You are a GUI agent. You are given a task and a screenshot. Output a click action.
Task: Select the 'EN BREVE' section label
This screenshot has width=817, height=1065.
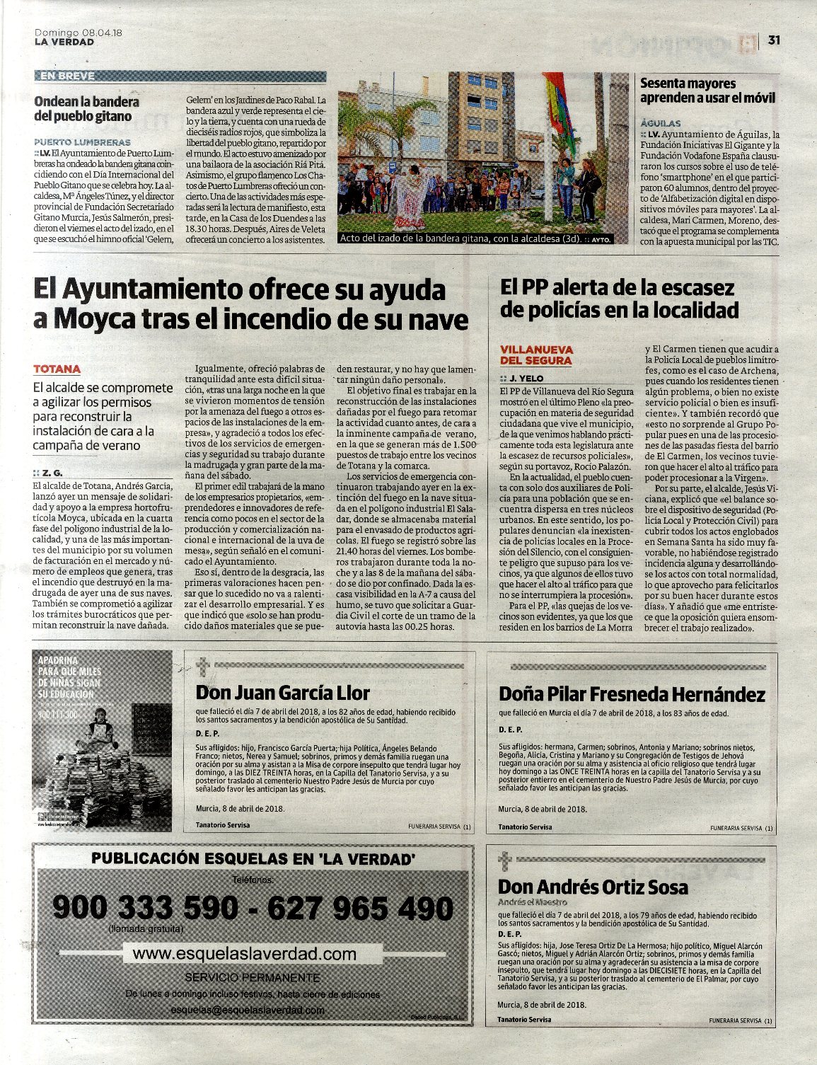(x=67, y=76)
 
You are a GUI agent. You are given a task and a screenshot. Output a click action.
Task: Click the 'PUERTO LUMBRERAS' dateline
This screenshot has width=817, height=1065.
(x=82, y=142)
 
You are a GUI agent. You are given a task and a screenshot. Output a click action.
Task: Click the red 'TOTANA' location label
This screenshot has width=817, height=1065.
(x=57, y=369)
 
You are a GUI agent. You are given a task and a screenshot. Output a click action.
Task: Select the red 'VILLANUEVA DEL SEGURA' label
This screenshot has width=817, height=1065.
(x=536, y=355)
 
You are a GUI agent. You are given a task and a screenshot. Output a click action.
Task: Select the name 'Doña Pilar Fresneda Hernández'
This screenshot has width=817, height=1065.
(x=632, y=693)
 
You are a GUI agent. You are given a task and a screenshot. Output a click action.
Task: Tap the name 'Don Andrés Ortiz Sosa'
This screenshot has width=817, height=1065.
(x=593, y=887)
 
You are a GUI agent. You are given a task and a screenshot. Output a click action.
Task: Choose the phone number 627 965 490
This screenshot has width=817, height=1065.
(x=361, y=908)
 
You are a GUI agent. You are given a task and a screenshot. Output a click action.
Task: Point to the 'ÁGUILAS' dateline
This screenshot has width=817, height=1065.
(x=660, y=122)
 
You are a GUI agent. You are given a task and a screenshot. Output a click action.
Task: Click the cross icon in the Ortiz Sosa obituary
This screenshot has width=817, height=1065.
(x=504, y=861)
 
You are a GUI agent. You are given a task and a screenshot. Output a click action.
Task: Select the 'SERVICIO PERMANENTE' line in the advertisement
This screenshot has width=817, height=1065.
(x=252, y=977)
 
